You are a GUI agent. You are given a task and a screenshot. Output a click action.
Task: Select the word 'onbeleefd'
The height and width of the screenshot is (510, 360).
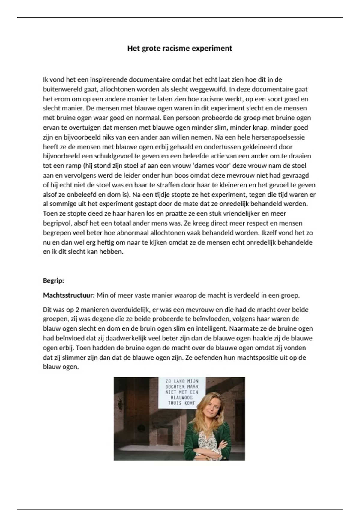click(x=83, y=195)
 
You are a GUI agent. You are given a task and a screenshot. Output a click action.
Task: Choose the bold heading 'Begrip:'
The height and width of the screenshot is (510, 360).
click(x=54, y=281)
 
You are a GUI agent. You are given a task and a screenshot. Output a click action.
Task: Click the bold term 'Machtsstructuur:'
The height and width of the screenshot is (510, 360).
click(x=69, y=295)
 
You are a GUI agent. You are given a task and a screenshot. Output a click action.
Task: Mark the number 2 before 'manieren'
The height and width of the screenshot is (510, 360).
click(x=77, y=310)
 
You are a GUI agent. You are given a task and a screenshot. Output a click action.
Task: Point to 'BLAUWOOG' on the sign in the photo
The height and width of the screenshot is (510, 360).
click(x=181, y=398)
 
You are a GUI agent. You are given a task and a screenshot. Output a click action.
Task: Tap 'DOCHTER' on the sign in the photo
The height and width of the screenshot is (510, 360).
click(x=175, y=387)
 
